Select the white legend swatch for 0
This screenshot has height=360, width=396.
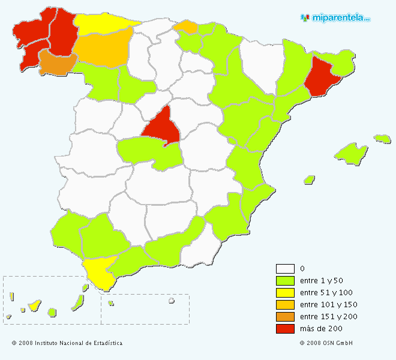pos(285,269)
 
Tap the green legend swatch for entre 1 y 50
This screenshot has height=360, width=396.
pos(285,281)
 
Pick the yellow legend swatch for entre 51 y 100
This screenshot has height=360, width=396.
pos(285,293)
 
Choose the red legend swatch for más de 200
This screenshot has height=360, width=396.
pos(285,329)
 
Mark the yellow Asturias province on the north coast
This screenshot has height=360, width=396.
pos(102,23)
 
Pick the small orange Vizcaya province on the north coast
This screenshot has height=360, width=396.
pos(185,26)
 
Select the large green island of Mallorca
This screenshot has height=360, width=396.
pos(352,153)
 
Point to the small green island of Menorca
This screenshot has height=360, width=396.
pos(382,139)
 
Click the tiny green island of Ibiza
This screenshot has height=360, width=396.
pos(309,179)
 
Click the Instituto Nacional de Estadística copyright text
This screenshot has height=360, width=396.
pos(67,343)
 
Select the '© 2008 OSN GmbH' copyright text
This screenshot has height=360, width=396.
pos(326,343)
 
